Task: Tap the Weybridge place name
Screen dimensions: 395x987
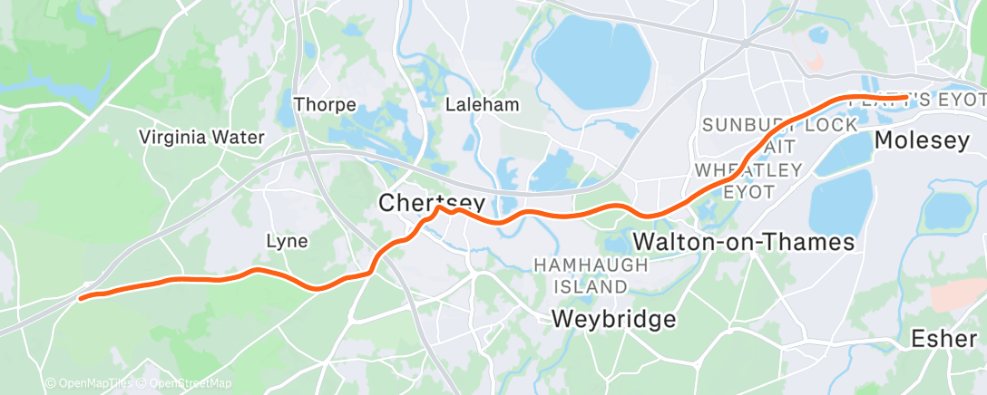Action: (614, 319)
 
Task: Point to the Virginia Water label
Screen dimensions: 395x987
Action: (201, 138)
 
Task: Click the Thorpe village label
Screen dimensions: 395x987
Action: (325, 104)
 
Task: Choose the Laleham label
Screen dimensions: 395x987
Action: (483, 104)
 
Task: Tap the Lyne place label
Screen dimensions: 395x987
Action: (286, 241)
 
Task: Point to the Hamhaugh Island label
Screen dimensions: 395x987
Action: (591, 275)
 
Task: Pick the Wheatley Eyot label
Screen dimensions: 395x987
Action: (748, 180)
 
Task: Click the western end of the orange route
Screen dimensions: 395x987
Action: (82, 297)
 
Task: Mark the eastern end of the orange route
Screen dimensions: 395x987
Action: (905, 96)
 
